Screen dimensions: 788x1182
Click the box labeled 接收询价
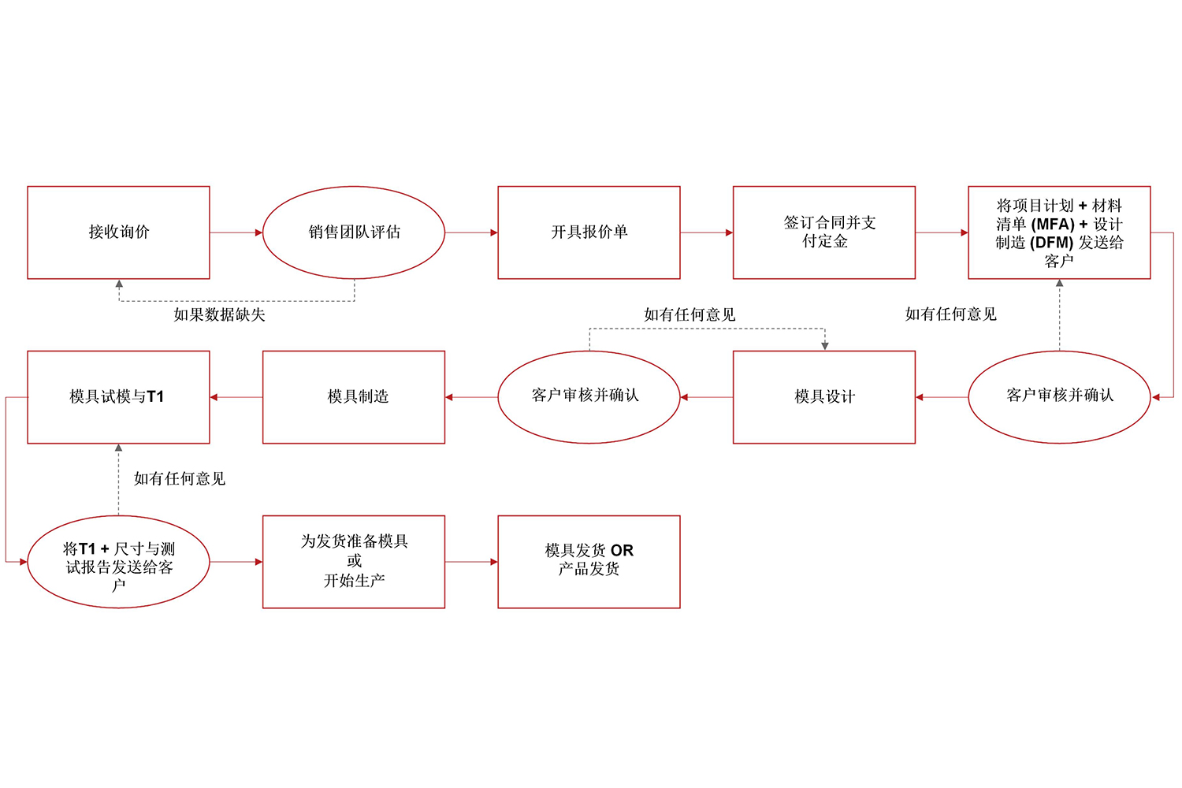118,232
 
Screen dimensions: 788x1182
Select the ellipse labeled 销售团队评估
354,232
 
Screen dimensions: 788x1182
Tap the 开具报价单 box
589,232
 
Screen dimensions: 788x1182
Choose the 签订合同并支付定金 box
824,232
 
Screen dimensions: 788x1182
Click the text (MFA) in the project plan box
1053,225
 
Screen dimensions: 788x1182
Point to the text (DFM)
1051,243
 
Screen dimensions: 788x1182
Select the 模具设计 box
824,397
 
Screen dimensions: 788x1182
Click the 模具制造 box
354,397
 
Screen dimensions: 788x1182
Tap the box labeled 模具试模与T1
118,397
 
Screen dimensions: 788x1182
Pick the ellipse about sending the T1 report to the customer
118,562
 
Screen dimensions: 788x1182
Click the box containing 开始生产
354,562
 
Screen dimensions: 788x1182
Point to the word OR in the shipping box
622,551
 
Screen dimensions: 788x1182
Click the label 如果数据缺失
219,315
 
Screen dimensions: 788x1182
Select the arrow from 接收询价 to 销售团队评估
236,232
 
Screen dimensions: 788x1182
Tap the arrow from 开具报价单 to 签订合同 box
706,232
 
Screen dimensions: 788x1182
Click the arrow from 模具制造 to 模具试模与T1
236,397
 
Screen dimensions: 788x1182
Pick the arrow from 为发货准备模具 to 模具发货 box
471,562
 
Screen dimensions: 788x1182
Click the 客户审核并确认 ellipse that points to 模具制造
589,397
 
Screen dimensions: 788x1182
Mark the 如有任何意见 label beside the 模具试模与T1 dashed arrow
180,479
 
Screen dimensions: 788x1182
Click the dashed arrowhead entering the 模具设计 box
824,346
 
